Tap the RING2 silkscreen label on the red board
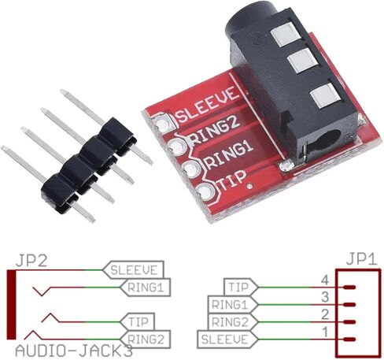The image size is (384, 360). coord(215,131)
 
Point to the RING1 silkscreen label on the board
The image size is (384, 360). coord(229,155)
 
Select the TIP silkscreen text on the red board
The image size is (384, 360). coord(232,180)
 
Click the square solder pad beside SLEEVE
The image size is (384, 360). coord(163,122)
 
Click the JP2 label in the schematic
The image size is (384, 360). coord(31,262)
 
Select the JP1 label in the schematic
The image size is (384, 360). coord(362,260)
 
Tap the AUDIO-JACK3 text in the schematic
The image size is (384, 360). coord(74,351)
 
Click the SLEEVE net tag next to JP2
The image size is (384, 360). coord(133,270)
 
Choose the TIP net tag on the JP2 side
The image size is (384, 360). coord(138,321)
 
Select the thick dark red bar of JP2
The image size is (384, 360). coord(11,305)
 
